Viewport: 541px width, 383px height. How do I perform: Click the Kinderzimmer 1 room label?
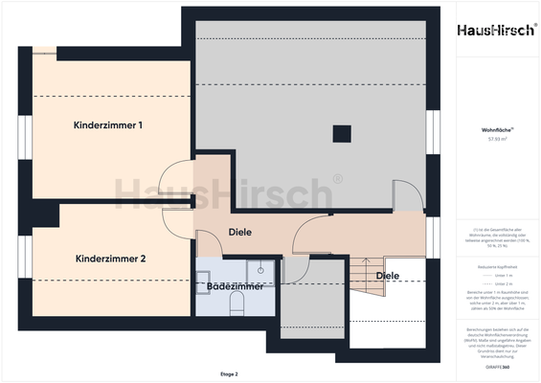tap(108, 125)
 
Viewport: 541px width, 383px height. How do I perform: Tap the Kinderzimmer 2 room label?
tap(110, 259)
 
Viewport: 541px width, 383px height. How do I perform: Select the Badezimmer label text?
tap(235, 285)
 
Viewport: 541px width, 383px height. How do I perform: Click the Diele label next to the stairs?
tap(388, 276)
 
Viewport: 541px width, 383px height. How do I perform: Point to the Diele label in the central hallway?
tap(239, 233)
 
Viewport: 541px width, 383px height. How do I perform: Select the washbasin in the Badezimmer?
tap(209, 270)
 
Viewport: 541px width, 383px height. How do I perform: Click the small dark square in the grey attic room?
tap(340, 132)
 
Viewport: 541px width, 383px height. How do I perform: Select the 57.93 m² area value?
tap(495, 139)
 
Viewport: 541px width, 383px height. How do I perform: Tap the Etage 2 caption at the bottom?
tap(228, 373)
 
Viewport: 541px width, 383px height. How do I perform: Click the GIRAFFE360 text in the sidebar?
tap(495, 367)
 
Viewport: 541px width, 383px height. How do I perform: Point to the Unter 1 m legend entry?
tap(495, 274)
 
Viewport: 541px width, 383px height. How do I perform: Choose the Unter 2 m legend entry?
tap(495, 284)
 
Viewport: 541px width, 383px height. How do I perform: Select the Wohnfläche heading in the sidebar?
tap(495, 128)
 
